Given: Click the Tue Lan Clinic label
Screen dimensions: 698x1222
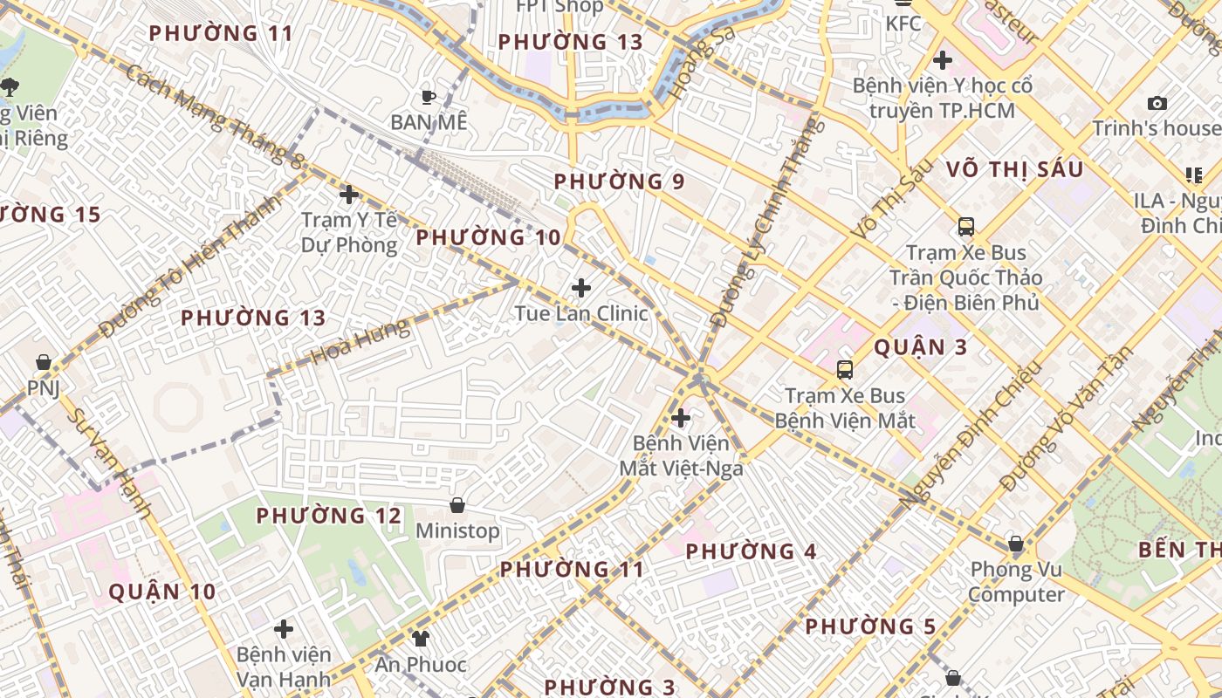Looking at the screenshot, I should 581,313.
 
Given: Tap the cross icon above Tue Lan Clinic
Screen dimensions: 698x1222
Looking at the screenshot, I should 581,288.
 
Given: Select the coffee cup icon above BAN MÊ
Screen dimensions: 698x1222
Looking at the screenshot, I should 428,97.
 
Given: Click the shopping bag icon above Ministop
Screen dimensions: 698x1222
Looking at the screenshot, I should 457,505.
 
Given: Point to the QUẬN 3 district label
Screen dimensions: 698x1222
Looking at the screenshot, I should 921,347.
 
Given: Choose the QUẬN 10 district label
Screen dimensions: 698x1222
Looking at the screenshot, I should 162,592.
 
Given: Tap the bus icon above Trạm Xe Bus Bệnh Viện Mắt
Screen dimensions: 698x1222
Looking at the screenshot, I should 845,369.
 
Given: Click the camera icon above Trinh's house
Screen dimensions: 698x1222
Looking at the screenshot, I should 1157,103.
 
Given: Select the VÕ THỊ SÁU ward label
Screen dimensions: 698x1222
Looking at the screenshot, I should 1015,169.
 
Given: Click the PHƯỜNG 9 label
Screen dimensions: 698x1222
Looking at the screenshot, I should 620,181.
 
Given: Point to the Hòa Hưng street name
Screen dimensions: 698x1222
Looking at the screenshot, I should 360,342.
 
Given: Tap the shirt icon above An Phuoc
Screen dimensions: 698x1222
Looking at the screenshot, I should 421,638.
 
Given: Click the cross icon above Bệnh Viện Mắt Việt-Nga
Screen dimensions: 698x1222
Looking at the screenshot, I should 681,418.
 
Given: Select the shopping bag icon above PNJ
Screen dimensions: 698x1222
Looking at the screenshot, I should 43,361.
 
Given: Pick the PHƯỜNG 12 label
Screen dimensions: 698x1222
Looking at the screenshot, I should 329,516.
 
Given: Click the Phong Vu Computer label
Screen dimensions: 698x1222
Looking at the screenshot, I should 1017,582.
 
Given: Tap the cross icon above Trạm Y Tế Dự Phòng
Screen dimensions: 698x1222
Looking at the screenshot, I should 349,195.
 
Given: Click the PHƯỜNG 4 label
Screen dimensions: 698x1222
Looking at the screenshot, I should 752,551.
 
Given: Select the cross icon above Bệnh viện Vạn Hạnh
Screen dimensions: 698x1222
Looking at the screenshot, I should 284,628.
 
